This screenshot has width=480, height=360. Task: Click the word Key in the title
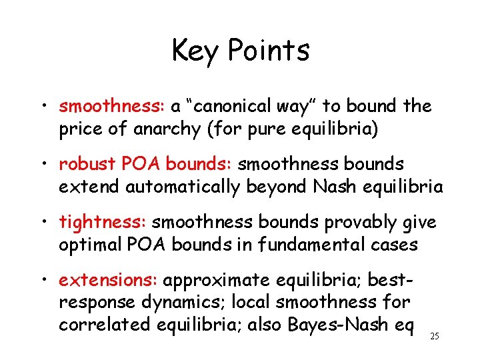pos(195,51)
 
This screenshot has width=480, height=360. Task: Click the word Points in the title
pos(268,51)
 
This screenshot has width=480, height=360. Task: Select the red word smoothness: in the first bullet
pos(112,106)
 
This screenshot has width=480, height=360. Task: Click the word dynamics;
pos(186,303)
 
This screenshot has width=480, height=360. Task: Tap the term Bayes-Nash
pos(337,325)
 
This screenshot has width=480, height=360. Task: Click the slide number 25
pos(435,337)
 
